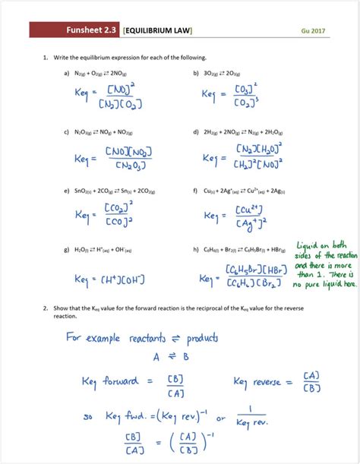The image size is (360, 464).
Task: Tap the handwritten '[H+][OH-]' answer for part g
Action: point(121,280)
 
